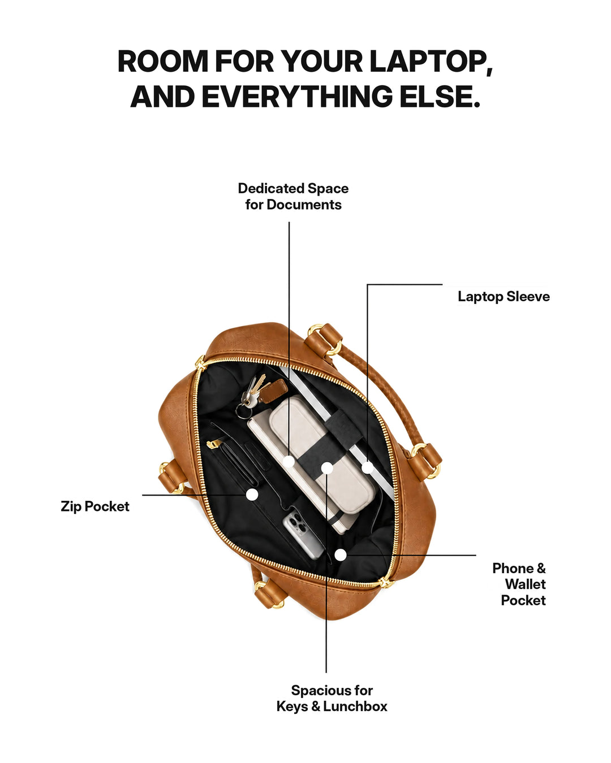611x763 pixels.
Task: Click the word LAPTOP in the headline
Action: click(431, 62)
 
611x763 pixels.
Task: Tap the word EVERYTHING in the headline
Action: click(297, 97)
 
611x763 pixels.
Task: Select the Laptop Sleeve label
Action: click(504, 296)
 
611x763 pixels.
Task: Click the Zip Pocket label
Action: click(95, 506)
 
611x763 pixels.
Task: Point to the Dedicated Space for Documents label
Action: click(293, 197)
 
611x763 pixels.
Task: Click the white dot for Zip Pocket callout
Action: click(252, 494)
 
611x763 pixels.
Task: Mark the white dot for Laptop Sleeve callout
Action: click(368, 467)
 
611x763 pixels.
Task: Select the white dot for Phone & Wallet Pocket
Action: click(341, 555)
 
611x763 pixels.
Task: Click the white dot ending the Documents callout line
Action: click(289, 462)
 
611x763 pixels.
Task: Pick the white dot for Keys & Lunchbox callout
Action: click(327, 468)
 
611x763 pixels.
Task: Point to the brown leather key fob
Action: click(273, 390)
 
